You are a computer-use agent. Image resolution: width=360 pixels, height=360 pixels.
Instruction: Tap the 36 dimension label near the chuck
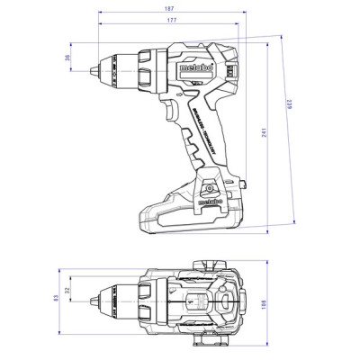tap(68, 58)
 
